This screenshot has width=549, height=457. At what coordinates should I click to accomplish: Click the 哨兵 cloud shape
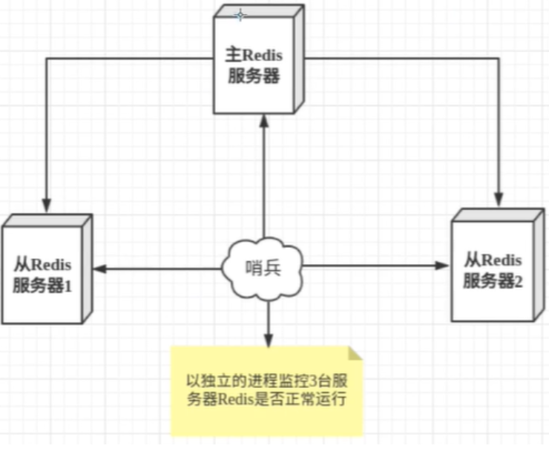click(263, 269)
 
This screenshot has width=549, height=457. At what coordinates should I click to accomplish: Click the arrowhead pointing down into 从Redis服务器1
click(47, 202)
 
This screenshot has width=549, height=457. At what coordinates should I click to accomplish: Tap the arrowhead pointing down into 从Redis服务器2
click(499, 197)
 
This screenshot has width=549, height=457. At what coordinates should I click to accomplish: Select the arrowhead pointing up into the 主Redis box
click(263, 119)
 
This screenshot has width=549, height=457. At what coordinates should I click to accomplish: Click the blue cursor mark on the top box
click(239, 14)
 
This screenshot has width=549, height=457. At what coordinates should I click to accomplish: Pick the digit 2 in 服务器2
click(519, 280)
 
